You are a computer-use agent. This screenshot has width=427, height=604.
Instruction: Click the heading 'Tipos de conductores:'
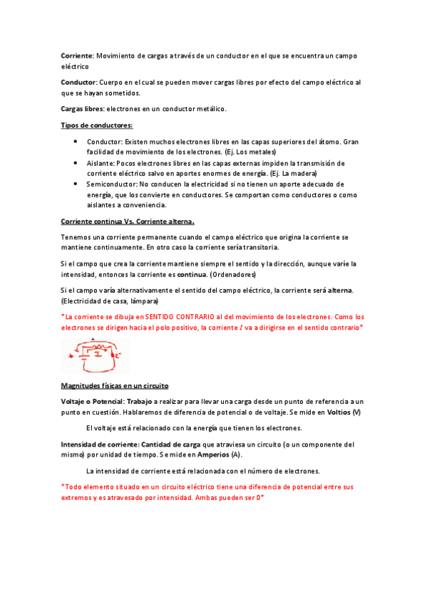point(97,125)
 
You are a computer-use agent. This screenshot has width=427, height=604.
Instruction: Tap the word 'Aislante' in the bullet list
point(100,163)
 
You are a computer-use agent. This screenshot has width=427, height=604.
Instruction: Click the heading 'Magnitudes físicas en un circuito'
point(115,386)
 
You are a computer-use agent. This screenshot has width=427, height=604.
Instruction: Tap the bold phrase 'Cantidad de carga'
point(171,444)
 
